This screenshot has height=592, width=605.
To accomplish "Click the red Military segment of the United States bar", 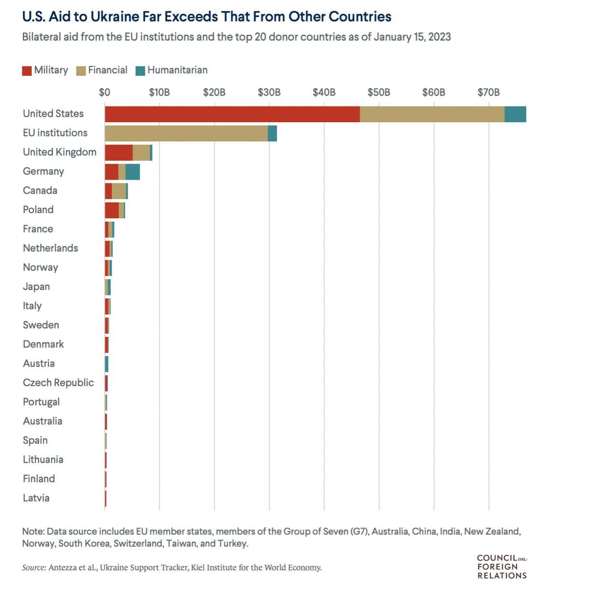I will [x=232, y=114].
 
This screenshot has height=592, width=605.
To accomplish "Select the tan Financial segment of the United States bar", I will [x=432, y=114].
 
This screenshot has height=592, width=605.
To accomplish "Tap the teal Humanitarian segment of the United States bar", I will [x=515, y=114].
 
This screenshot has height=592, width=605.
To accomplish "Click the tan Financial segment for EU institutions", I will [x=186, y=134].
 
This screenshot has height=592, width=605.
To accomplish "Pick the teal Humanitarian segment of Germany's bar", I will [x=132, y=172].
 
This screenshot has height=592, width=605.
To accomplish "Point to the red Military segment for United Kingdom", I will [x=119, y=153].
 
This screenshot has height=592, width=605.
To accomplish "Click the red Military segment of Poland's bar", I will [x=111, y=210].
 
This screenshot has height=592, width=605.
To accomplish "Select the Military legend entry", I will [x=45, y=70].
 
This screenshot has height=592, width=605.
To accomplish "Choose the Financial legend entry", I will [x=102, y=70].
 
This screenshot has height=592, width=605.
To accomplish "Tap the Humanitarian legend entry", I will [x=172, y=70].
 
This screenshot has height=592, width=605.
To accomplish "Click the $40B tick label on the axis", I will [x=324, y=92].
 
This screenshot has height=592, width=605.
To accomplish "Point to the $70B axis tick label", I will [x=488, y=92].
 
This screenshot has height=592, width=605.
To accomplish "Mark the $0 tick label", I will [x=105, y=92].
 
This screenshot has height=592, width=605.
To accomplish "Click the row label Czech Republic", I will [x=58, y=383].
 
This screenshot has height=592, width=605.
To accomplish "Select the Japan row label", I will [x=36, y=287].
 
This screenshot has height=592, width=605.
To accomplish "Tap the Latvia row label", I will [x=36, y=498].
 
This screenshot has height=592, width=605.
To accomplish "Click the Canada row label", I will [x=40, y=190].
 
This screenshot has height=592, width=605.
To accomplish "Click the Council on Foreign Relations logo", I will [x=502, y=567].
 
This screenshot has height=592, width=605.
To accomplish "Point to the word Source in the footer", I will [x=33, y=568].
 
